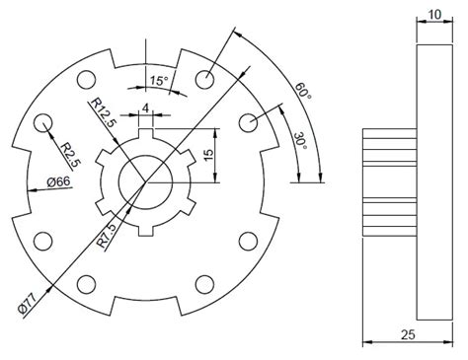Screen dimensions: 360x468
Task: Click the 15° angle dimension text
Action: (x=157, y=80)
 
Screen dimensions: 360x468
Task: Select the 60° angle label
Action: (x=303, y=92)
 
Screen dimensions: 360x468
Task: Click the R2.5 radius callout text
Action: (x=66, y=154)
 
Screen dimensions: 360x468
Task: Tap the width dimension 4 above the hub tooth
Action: (x=145, y=108)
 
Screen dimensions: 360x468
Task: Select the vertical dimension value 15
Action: (x=208, y=156)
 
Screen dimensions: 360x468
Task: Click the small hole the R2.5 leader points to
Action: (x=42, y=122)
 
